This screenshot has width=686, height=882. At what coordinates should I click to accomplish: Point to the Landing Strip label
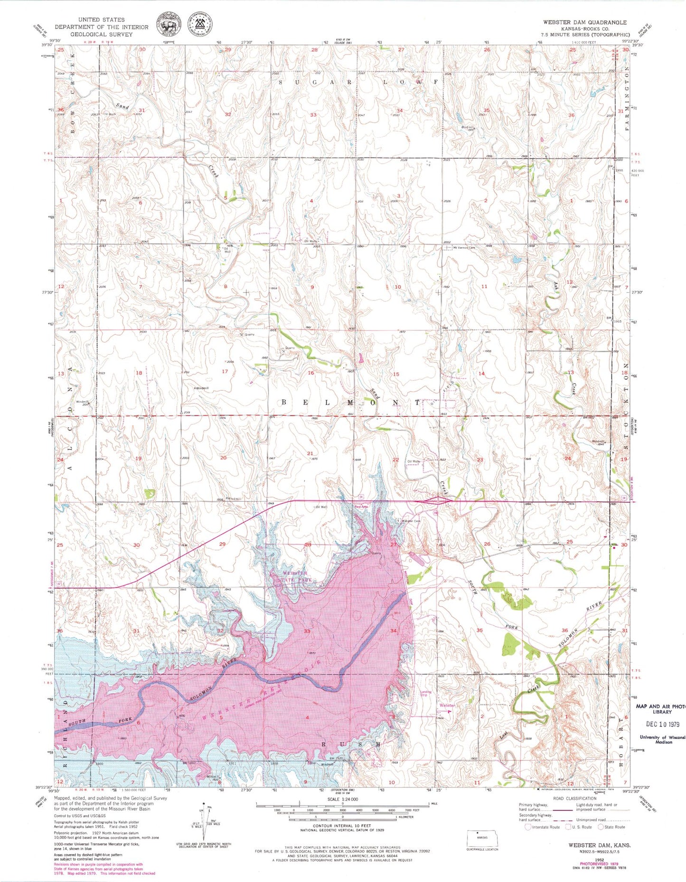pyautogui.click(x=426, y=694)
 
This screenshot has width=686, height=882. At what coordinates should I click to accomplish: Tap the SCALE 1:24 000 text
pyautogui.click(x=342, y=799)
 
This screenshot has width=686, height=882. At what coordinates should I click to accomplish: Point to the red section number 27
pyautogui.click(x=393, y=544)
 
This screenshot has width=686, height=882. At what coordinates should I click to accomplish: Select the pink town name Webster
pyautogui.click(x=447, y=705)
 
